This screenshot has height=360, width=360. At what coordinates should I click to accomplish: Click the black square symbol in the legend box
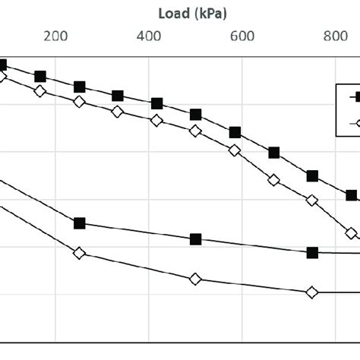point(354,96)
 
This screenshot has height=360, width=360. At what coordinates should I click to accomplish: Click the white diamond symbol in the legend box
point(354,122)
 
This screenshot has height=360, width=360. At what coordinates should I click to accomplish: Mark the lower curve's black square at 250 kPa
point(79,223)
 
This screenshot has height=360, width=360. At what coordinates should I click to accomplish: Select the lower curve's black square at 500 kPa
point(195,239)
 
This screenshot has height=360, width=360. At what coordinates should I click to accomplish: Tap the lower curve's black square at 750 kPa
point(312,252)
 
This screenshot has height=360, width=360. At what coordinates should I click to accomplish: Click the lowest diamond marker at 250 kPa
point(79,253)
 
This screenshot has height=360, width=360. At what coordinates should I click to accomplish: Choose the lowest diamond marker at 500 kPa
point(195,279)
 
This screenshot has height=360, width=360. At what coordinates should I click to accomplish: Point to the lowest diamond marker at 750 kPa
point(312,292)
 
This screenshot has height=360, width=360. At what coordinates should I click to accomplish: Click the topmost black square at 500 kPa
point(195,115)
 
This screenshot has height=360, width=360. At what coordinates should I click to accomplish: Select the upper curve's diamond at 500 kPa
point(195,131)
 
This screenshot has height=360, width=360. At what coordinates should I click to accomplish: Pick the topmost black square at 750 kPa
point(312,176)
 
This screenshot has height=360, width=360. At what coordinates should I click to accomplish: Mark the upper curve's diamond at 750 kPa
point(312,201)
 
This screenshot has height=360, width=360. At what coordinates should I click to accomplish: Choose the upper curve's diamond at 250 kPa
point(79,102)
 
